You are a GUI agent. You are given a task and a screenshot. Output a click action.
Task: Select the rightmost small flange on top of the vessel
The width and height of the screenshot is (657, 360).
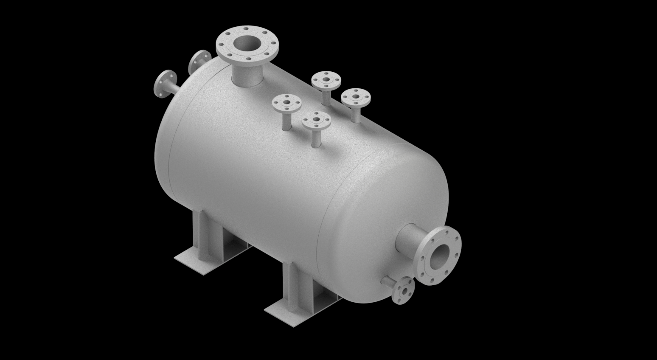pyautogui.click(x=356, y=97)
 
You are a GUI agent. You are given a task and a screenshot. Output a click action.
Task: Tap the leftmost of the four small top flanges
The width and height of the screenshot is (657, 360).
pyautogui.click(x=286, y=102)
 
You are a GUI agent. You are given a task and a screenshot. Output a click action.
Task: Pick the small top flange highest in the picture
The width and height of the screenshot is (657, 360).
pyautogui.click(x=326, y=79)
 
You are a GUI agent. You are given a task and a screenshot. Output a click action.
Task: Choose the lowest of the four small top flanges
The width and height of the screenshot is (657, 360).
pyautogui.click(x=316, y=121)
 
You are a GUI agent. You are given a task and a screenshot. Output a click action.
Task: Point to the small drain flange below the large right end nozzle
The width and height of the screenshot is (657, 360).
pyautogui.click(x=404, y=290)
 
